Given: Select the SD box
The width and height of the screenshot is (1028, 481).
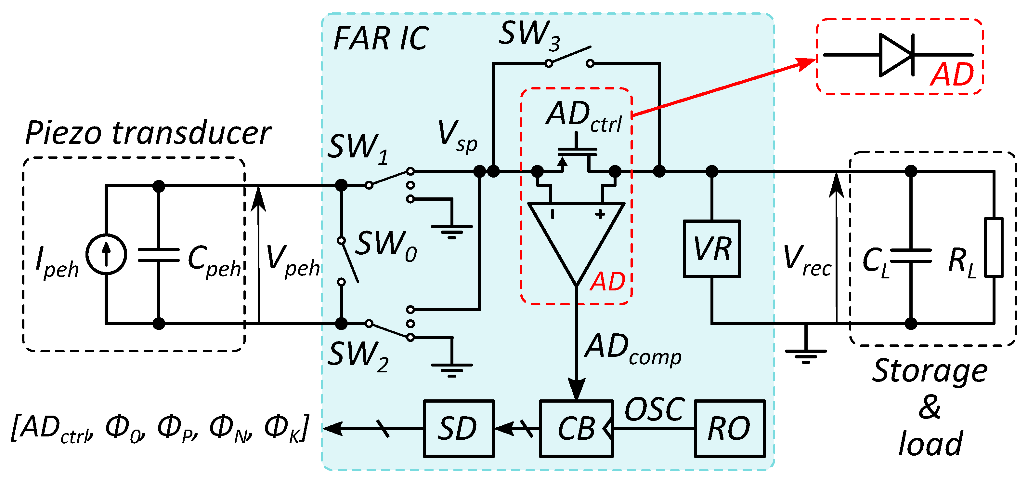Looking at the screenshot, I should [x=459, y=428].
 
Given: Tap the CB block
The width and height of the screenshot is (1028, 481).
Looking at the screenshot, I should [x=576, y=428].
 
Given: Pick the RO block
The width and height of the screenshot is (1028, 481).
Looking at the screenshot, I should [x=730, y=428].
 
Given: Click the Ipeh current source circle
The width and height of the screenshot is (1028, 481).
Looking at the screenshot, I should [x=106, y=254].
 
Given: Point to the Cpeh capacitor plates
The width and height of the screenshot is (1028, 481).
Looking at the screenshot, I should [x=159, y=255].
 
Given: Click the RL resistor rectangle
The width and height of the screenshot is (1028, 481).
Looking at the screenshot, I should [x=993, y=247].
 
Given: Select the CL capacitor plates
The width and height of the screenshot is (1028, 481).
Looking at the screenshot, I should [x=911, y=256].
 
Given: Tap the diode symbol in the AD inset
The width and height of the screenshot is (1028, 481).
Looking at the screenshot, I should [x=896, y=55].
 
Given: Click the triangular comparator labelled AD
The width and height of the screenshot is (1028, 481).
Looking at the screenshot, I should [x=576, y=235].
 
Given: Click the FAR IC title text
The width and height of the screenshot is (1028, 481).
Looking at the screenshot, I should [x=380, y=39].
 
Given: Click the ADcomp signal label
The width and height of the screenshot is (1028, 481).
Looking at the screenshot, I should [x=632, y=349].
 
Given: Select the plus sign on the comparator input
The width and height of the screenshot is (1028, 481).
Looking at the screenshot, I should [x=600, y=215].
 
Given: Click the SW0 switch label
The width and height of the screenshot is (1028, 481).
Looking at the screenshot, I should [x=385, y=246].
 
